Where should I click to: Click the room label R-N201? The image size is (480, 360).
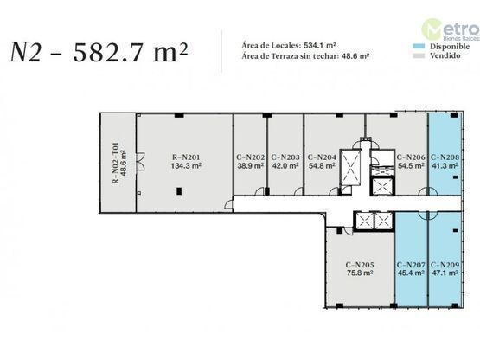tap(186, 157)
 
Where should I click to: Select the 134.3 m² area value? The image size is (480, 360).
tap(186, 166)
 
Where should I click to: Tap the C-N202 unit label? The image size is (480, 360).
tap(251, 157)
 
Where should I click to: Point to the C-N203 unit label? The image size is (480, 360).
tap(285, 157)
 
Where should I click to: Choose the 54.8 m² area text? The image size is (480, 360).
tap(322, 166)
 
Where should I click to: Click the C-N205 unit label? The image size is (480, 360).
tap(360, 265)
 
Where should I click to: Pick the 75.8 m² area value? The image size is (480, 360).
tap(360, 273)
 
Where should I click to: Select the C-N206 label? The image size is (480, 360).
tap(411, 157)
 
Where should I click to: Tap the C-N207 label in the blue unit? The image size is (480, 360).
tap(411, 265)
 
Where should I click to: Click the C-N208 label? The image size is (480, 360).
tap(445, 157)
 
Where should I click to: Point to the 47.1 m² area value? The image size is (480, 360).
tap(445, 273)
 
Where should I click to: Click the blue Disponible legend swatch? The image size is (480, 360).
tap(419, 46)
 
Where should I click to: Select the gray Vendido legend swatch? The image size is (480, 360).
tap(419, 55)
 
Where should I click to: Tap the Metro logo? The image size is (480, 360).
tap(450, 29)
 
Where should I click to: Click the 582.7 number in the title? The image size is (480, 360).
tap(108, 52)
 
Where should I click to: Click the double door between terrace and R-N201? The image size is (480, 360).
tap(142, 162)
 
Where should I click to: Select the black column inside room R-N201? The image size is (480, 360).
tap(179, 191)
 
